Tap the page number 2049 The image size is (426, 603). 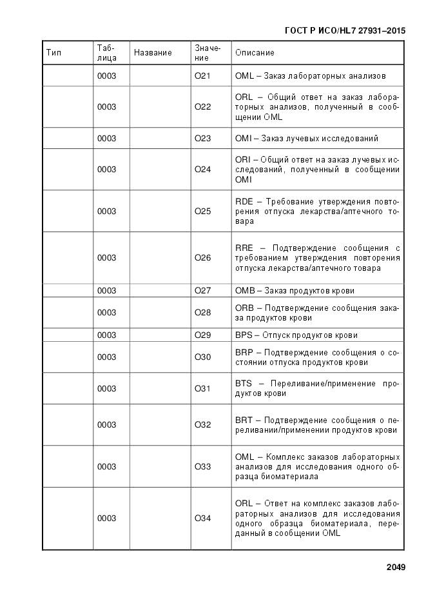coord(396,568)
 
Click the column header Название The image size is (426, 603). coord(153,53)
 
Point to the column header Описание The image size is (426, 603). coord(255,53)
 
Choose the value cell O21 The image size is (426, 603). coord(202,76)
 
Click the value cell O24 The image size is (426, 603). coord(202,170)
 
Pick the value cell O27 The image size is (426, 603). coord(202,291)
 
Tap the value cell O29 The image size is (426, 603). coord(202,335)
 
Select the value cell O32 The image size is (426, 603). coord(202,425)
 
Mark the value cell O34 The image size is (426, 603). coord(202,519)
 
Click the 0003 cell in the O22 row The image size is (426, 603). coord(106,107)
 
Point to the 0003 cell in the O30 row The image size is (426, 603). coord(106,357)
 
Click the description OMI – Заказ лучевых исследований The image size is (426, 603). coord(307,139)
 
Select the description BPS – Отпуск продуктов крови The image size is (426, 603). coord(296,335)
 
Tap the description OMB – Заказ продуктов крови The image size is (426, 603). coord(295,291)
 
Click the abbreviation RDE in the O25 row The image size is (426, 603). coord(244,201)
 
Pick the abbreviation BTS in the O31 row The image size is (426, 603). coord(244,383)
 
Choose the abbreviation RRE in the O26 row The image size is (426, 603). coord(244,248)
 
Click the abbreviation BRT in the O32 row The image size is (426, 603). coord(244,420)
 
